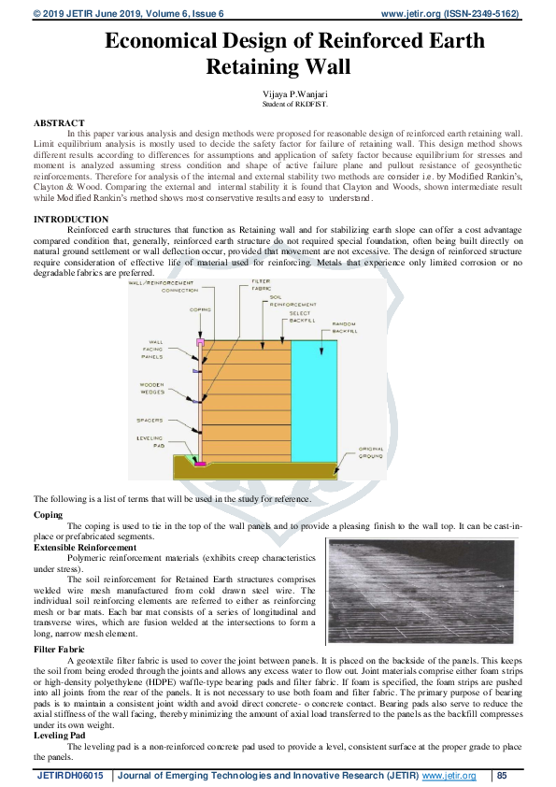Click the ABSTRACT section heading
tap(59, 123)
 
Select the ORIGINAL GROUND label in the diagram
tap(371, 451)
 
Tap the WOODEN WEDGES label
tap(152, 386)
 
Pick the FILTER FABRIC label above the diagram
tap(262, 284)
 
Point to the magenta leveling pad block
tap(199, 464)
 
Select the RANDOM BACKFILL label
tap(345, 327)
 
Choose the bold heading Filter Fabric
tap(59, 648)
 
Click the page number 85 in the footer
tap(502, 776)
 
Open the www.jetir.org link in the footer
tap(449, 776)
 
